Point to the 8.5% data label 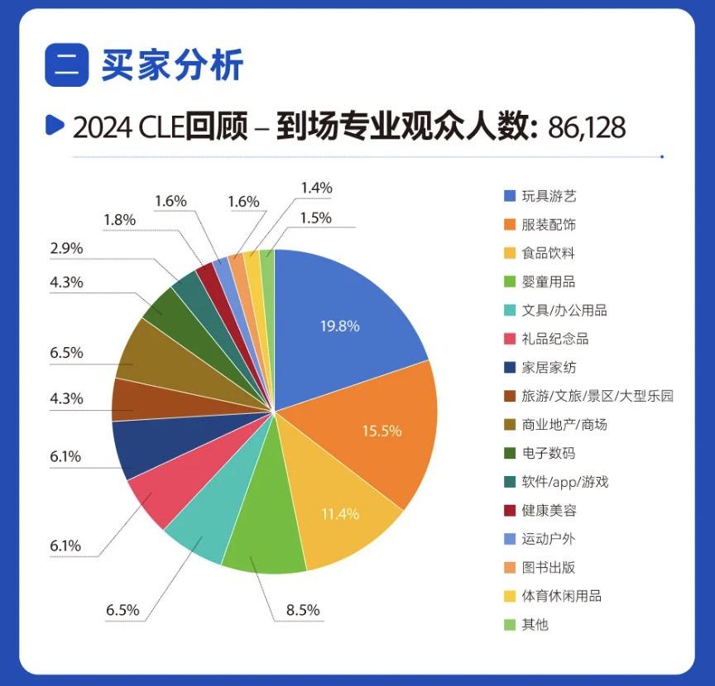tap(303, 612)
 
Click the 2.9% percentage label tap(66, 249)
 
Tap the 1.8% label tap(120, 220)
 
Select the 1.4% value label tap(315, 188)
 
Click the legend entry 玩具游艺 tap(549, 196)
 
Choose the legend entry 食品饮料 tap(549, 253)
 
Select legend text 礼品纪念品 tap(555, 339)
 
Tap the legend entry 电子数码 tap(549, 453)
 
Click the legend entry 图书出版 tap(549, 567)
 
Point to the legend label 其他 tap(535, 624)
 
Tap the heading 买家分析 tap(173, 66)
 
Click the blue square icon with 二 tap(66, 65)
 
